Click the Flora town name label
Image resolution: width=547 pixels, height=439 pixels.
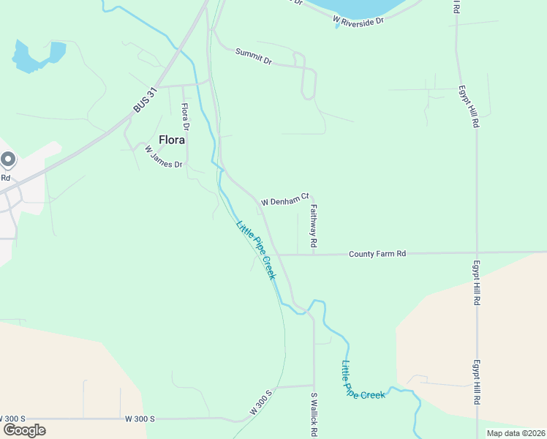(x=172, y=139)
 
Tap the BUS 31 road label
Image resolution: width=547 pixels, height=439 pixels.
(x=146, y=100)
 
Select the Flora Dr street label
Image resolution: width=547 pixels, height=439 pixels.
(x=186, y=117)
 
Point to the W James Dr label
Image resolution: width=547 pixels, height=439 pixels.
(x=163, y=157)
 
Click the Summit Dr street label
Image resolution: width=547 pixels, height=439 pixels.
(x=254, y=56)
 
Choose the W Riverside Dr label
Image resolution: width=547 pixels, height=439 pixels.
(x=358, y=20)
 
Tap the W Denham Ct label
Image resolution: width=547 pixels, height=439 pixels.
(x=285, y=199)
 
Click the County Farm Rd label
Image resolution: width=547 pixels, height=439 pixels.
(x=377, y=254)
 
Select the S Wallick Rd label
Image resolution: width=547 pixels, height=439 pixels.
(x=314, y=413)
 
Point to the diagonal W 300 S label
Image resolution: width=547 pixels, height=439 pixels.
(x=260, y=402)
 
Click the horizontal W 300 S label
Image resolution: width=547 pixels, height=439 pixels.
(x=140, y=419)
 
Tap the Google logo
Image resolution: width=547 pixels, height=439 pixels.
(x=24, y=430)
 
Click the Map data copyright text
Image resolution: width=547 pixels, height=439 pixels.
(x=516, y=433)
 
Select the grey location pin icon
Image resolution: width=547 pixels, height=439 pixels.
(x=7, y=159)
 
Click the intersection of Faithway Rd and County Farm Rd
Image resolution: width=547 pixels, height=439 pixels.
(x=314, y=255)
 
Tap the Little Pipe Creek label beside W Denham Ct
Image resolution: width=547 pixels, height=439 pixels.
(x=255, y=249)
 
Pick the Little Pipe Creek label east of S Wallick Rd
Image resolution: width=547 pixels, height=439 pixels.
(x=363, y=380)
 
